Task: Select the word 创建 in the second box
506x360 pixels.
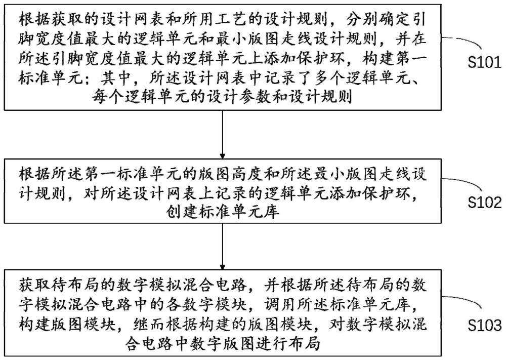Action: click(x=172, y=212)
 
